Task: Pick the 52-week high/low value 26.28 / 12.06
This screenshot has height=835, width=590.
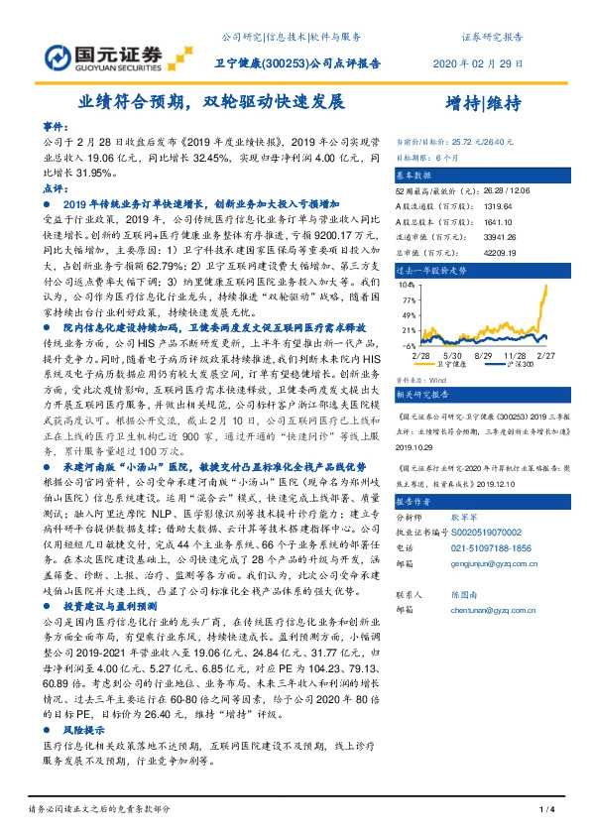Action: (499, 188)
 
